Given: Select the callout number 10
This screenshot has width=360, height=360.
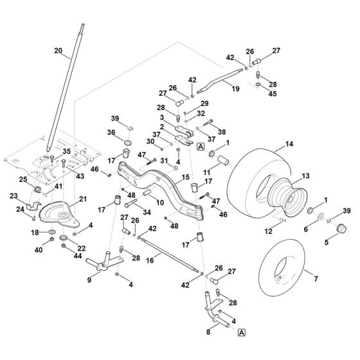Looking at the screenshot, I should click(160, 203).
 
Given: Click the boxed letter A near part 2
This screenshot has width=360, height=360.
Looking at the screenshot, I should click(200, 147).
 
